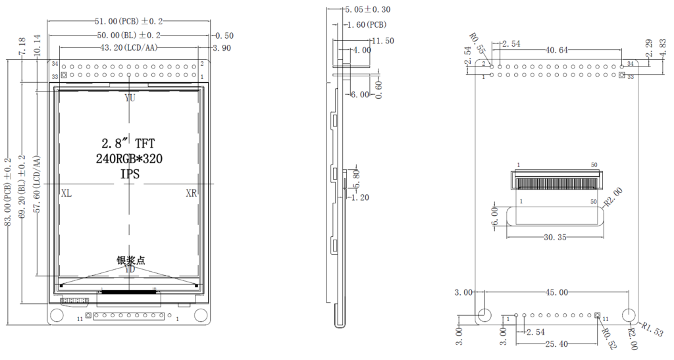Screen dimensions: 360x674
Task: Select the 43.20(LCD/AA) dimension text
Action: [x=128, y=48]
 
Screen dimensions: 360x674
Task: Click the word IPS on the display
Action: [x=129, y=174]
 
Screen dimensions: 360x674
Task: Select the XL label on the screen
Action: [x=66, y=193]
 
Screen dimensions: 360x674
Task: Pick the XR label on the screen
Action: [x=191, y=193]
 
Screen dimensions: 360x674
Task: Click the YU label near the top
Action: [x=130, y=98]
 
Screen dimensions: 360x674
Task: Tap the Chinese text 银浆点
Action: [x=130, y=260]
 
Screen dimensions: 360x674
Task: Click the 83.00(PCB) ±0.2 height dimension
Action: [x=9, y=191]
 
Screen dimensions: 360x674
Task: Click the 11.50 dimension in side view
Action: [x=382, y=41]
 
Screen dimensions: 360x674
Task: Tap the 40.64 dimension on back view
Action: [x=559, y=50]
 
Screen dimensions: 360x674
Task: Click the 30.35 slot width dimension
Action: [x=554, y=238]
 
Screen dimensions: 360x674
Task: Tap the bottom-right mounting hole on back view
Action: [x=629, y=315]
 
